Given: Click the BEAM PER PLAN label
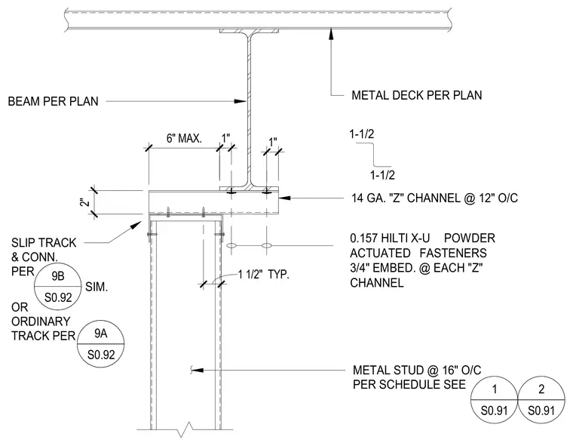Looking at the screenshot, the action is (x=53, y=101).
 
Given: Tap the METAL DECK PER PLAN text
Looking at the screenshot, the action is (x=417, y=96).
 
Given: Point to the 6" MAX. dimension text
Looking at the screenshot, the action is (x=184, y=139).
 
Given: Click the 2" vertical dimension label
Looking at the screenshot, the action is (x=85, y=202).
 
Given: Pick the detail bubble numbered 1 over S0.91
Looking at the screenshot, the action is (x=494, y=400).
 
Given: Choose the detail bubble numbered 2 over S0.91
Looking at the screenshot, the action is (x=541, y=400).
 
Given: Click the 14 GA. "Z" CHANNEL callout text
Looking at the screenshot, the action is (x=434, y=198).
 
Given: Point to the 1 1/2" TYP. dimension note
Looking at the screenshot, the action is (x=263, y=275).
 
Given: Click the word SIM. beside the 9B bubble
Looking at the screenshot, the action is (x=97, y=288).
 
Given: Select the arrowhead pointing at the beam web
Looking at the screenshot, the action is (x=240, y=101).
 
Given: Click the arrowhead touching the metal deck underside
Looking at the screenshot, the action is (x=331, y=34).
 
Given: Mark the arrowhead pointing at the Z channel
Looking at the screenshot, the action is (x=285, y=198).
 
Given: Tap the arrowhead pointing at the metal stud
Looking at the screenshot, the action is (x=198, y=371).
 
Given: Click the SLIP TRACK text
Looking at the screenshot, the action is (x=44, y=243).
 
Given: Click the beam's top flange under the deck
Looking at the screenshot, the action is (x=250, y=31).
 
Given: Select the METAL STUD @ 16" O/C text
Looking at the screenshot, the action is (x=417, y=371).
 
